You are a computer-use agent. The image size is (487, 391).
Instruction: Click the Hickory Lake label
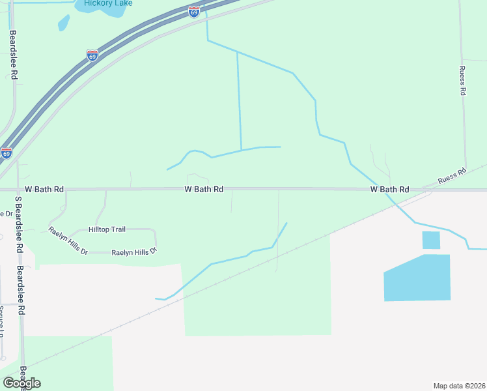[x=108, y=3]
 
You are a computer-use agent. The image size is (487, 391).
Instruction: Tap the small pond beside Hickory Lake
[x=64, y=23]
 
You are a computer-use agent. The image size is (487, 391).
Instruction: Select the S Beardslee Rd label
[x=19, y=229]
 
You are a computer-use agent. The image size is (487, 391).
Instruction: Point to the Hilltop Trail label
[x=107, y=230]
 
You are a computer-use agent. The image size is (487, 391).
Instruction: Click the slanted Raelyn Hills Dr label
[x=68, y=240]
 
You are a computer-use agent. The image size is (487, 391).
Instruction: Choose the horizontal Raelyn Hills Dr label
[x=134, y=252]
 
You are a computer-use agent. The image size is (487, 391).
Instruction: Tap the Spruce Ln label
[x=2, y=319]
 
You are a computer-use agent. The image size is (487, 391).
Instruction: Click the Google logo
[x=21, y=383]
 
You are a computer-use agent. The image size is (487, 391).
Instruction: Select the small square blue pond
[x=431, y=240]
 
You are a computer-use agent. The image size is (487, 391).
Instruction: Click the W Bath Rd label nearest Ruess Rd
[x=389, y=189]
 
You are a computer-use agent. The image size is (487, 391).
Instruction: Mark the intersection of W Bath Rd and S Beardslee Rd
[x=18, y=190]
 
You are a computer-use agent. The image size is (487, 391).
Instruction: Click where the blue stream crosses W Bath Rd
[x=386, y=190]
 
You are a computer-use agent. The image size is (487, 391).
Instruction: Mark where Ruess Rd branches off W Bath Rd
[x=426, y=189]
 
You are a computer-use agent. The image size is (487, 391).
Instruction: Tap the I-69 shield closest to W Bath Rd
[x=6, y=154]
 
